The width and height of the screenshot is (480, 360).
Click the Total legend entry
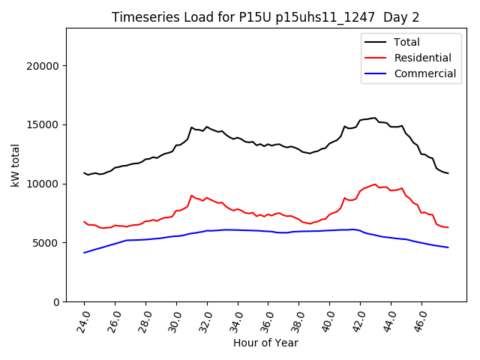[406, 42]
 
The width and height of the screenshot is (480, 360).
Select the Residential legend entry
[422, 58]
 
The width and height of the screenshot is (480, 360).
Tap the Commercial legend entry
[424, 73]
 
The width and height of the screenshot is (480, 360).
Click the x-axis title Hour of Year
[265, 343]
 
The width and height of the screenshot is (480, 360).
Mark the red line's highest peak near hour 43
[374, 184]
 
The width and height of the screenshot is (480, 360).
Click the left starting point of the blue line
[84, 253]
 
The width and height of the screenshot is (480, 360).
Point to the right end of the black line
[448, 173]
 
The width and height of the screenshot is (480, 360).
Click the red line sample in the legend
[376, 58]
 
